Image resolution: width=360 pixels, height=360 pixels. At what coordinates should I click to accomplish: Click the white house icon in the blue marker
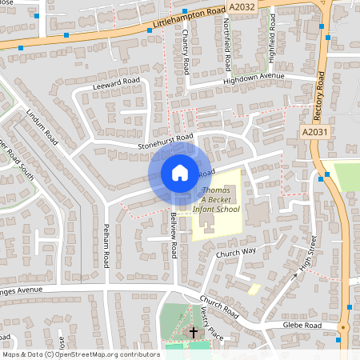179,172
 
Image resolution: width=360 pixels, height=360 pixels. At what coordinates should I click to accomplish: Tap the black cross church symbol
194,330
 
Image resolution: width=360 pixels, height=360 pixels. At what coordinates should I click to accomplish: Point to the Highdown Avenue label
254,78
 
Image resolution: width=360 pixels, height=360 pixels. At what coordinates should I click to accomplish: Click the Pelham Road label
106,250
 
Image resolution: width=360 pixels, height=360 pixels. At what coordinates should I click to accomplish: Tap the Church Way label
235,252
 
